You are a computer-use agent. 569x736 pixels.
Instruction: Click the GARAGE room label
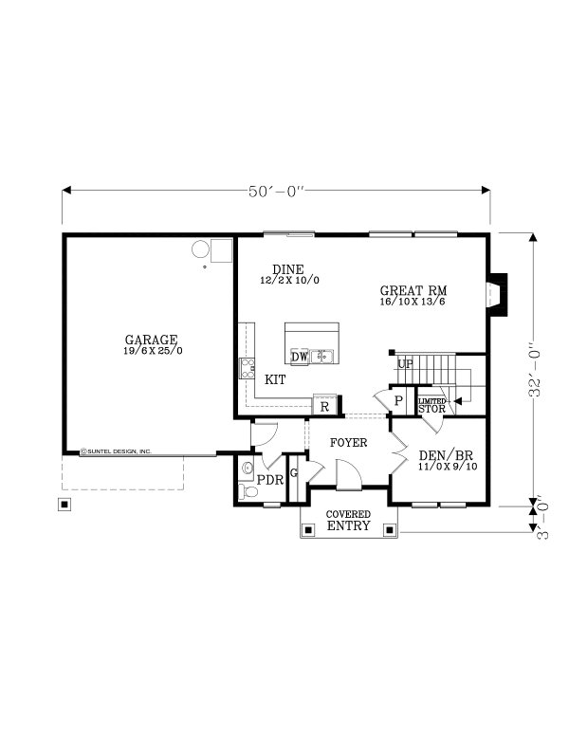point(151,340)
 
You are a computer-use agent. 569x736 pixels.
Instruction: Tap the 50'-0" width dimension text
point(276,192)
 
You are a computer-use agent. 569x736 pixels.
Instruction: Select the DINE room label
point(287,269)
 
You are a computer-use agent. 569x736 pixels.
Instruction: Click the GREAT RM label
point(413,290)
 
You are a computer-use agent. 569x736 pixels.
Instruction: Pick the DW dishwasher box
point(299,357)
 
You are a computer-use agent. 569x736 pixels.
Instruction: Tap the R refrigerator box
point(325,406)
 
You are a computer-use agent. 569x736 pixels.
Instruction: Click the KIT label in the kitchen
point(275,379)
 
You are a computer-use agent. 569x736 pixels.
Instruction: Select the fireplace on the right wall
point(496,294)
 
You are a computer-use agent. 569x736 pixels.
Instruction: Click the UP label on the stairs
point(405,364)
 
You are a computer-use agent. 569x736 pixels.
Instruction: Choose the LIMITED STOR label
point(431,405)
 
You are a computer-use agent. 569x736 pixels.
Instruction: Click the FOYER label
point(348,443)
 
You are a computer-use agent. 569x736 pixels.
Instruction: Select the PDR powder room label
point(271,480)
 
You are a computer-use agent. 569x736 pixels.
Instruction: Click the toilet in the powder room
point(248,468)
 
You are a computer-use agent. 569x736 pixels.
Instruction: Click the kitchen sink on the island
point(324,356)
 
